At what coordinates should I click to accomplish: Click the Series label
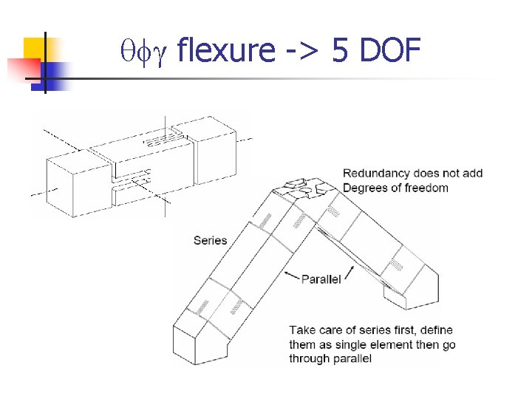click(210, 240)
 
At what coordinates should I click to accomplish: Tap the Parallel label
click(321, 279)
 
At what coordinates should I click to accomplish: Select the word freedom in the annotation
click(425, 188)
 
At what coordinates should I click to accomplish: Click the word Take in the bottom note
click(302, 330)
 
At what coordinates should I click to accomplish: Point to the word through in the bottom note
click(309, 358)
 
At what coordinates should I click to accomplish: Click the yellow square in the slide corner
click(34, 47)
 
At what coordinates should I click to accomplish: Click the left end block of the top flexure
click(67, 177)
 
